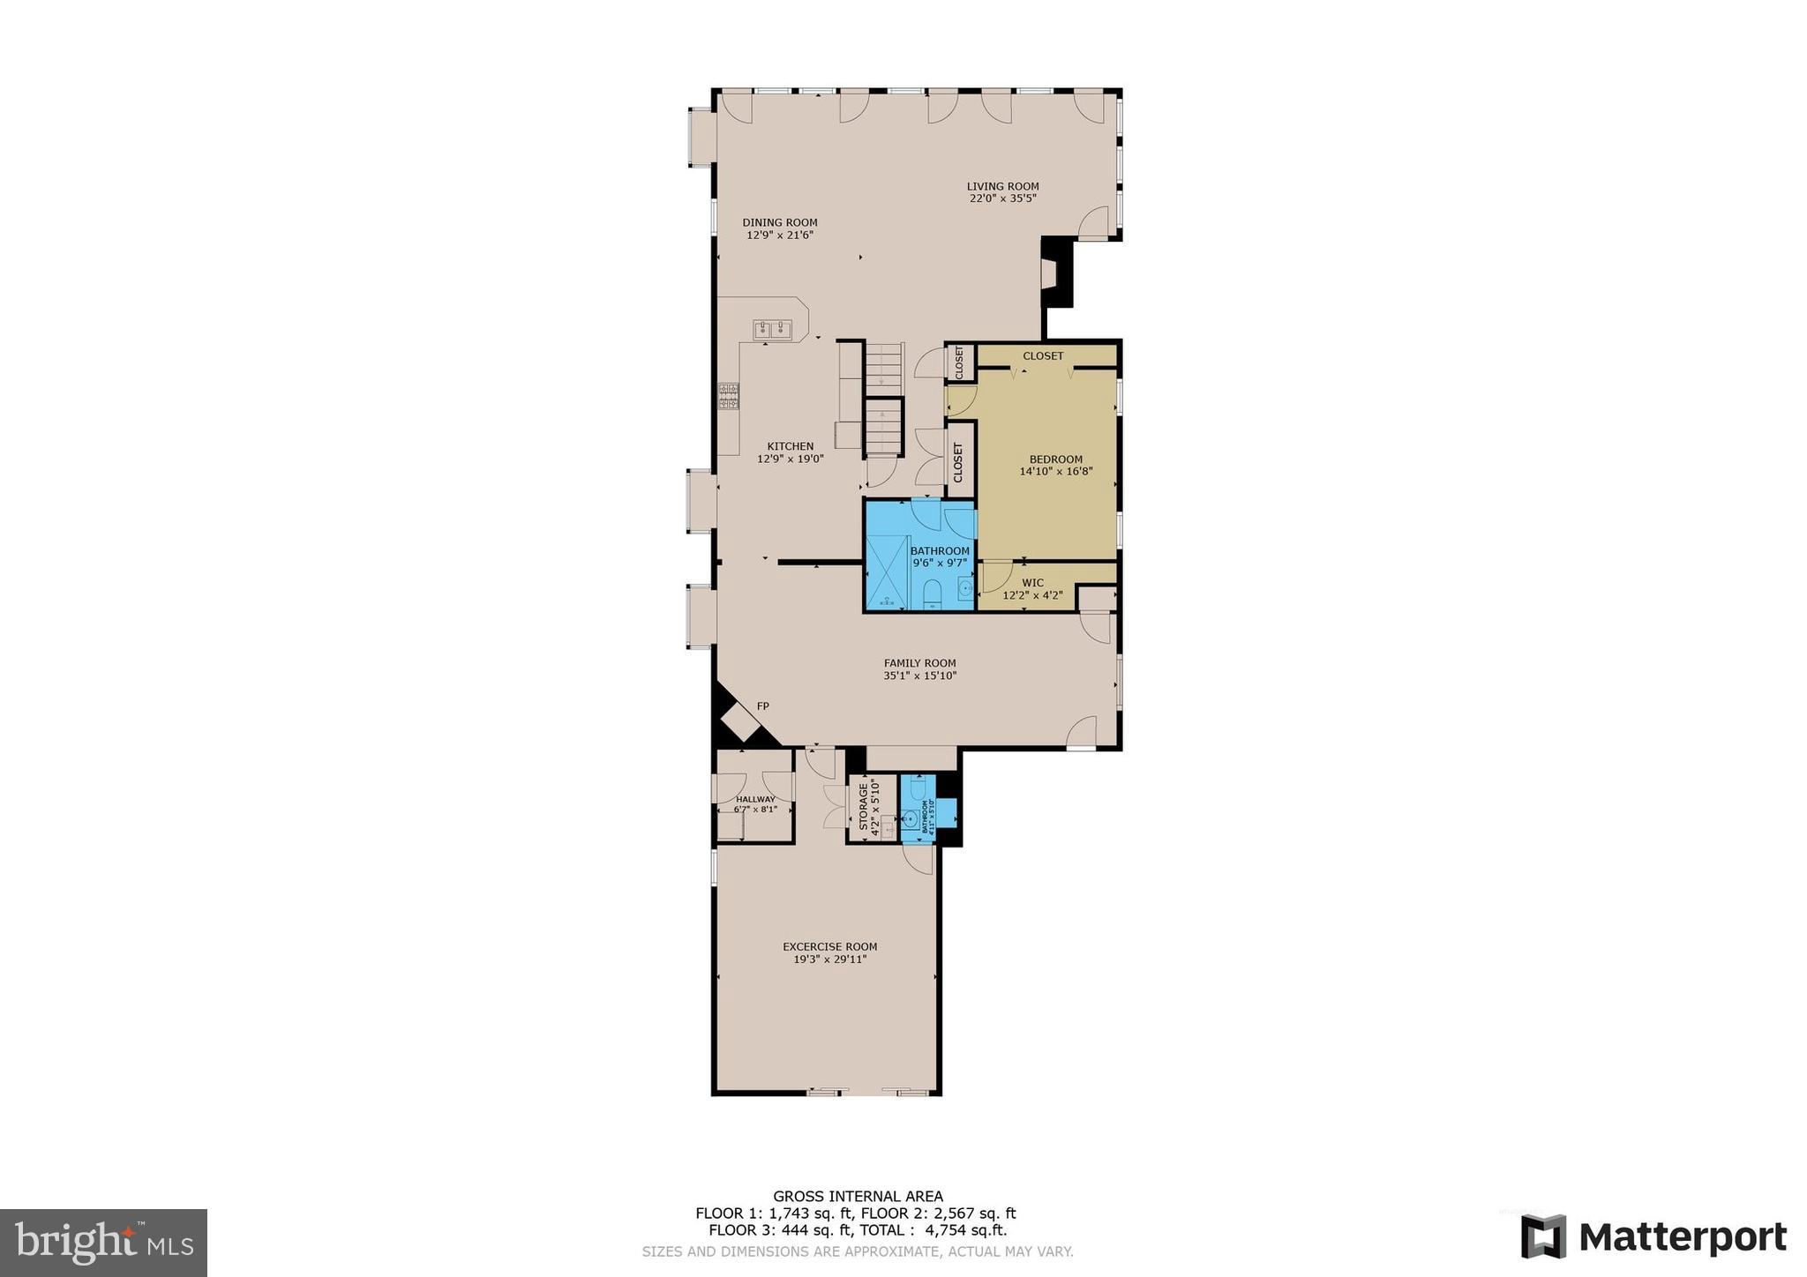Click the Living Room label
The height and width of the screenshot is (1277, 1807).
(1002, 187)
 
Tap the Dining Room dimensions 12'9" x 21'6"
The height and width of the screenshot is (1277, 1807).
(779, 235)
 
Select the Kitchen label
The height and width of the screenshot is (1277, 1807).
(790, 446)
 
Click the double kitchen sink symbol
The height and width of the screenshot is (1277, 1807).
(772, 330)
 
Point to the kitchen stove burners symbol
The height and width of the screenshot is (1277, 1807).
(728, 396)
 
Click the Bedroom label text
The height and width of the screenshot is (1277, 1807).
(1055, 459)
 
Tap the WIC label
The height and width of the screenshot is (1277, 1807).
(1032, 583)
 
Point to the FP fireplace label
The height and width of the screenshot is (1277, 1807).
(762, 706)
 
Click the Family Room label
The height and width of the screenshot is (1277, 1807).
(919, 663)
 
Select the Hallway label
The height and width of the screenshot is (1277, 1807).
(755, 799)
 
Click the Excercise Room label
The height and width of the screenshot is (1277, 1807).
(829, 947)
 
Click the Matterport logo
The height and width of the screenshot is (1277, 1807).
(1653, 1237)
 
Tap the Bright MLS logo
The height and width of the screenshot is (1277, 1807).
(103, 1243)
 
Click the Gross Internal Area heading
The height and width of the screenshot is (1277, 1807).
(858, 1197)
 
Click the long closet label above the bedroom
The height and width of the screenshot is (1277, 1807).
(1043, 356)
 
